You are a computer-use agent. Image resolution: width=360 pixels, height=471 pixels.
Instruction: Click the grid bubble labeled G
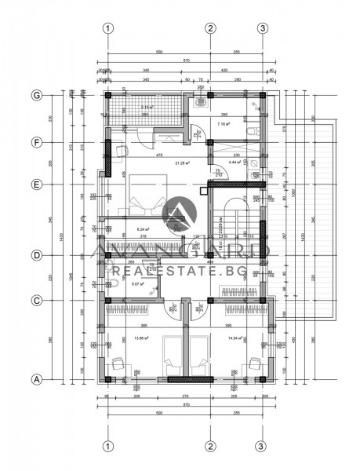(35, 95)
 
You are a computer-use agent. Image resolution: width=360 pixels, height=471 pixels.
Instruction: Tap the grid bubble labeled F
(35, 142)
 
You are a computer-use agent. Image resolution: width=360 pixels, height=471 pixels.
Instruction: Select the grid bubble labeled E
(35, 185)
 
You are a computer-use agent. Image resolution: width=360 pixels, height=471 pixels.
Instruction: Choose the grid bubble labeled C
(35, 300)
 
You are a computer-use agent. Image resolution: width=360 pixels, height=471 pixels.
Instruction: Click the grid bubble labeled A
(35, 379)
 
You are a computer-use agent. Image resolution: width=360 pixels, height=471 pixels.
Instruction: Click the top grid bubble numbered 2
(210, 29)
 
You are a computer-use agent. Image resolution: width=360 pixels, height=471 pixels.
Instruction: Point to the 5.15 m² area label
(147, 108)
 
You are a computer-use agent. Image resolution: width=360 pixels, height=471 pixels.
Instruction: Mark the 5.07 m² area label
(137, 284)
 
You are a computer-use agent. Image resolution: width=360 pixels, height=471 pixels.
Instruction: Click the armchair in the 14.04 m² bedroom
(253, 363)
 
